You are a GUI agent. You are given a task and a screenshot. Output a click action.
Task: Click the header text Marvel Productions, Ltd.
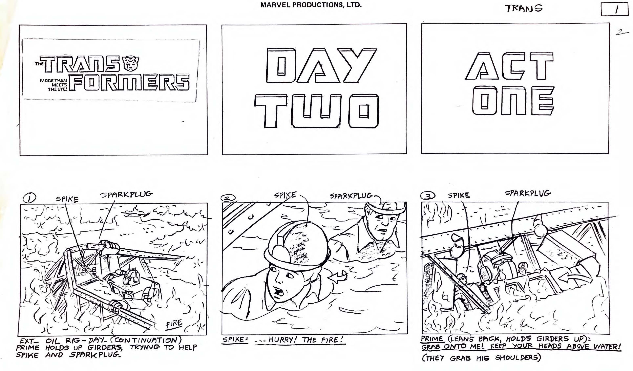(311, 5)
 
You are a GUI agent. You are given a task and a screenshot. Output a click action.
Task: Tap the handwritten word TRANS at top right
(524, 8)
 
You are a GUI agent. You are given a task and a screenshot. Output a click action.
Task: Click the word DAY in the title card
(321, 66)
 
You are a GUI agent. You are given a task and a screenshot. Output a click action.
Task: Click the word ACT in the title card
(509, 66)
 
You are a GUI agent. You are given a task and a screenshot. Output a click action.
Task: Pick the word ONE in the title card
(513, 101)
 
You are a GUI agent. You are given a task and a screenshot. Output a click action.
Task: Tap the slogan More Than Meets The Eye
(54, 85)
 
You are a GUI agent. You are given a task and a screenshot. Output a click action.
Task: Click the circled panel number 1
(29, 198)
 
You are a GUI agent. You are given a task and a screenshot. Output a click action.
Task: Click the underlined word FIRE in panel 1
(174, 324)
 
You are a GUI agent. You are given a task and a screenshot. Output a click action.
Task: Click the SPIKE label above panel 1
(67, 199)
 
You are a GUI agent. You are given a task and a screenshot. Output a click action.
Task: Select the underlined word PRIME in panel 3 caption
(432, 339)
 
